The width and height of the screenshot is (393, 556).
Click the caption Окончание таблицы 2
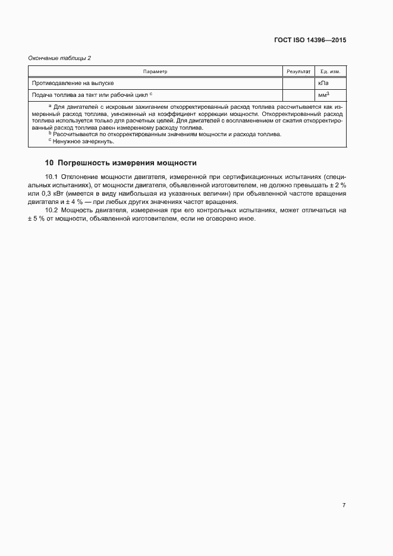coord(59,58)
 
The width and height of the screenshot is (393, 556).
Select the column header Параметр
coord(156,71)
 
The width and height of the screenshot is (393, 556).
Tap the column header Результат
coord(298,71)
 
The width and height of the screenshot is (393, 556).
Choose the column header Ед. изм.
coord(330,71)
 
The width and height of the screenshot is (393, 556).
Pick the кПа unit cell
coord(323,83)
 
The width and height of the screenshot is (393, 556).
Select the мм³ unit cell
coord(324,95)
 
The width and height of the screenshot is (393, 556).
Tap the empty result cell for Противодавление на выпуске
coord(298,83)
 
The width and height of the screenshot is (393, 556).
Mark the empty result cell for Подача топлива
coord(298,95)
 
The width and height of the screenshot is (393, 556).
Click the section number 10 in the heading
coord(49,162)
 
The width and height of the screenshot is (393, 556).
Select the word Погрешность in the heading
coord(84,162)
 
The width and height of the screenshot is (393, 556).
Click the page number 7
coord(344,505)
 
